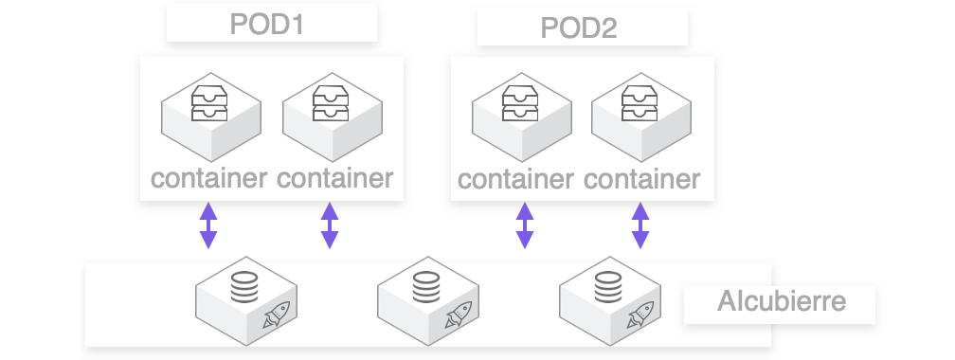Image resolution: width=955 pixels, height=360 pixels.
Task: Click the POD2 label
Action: [x=578, y=27]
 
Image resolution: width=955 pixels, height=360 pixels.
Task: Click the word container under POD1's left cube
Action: [x=208, y=177]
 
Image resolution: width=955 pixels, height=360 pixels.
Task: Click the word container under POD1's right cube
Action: [x=334, y=177]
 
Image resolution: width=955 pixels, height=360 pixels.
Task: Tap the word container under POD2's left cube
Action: [x=516, y=178]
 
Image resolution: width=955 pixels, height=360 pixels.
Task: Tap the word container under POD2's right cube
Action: [x=642, y=178]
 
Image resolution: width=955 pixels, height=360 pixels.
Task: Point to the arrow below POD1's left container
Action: [x=208, y=225]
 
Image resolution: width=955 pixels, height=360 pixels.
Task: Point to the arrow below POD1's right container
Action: [x=330, y=225]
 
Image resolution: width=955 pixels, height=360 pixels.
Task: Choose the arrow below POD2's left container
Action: [x=524, y=225]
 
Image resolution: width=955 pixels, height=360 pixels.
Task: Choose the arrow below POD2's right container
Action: [x=640, y=225]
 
